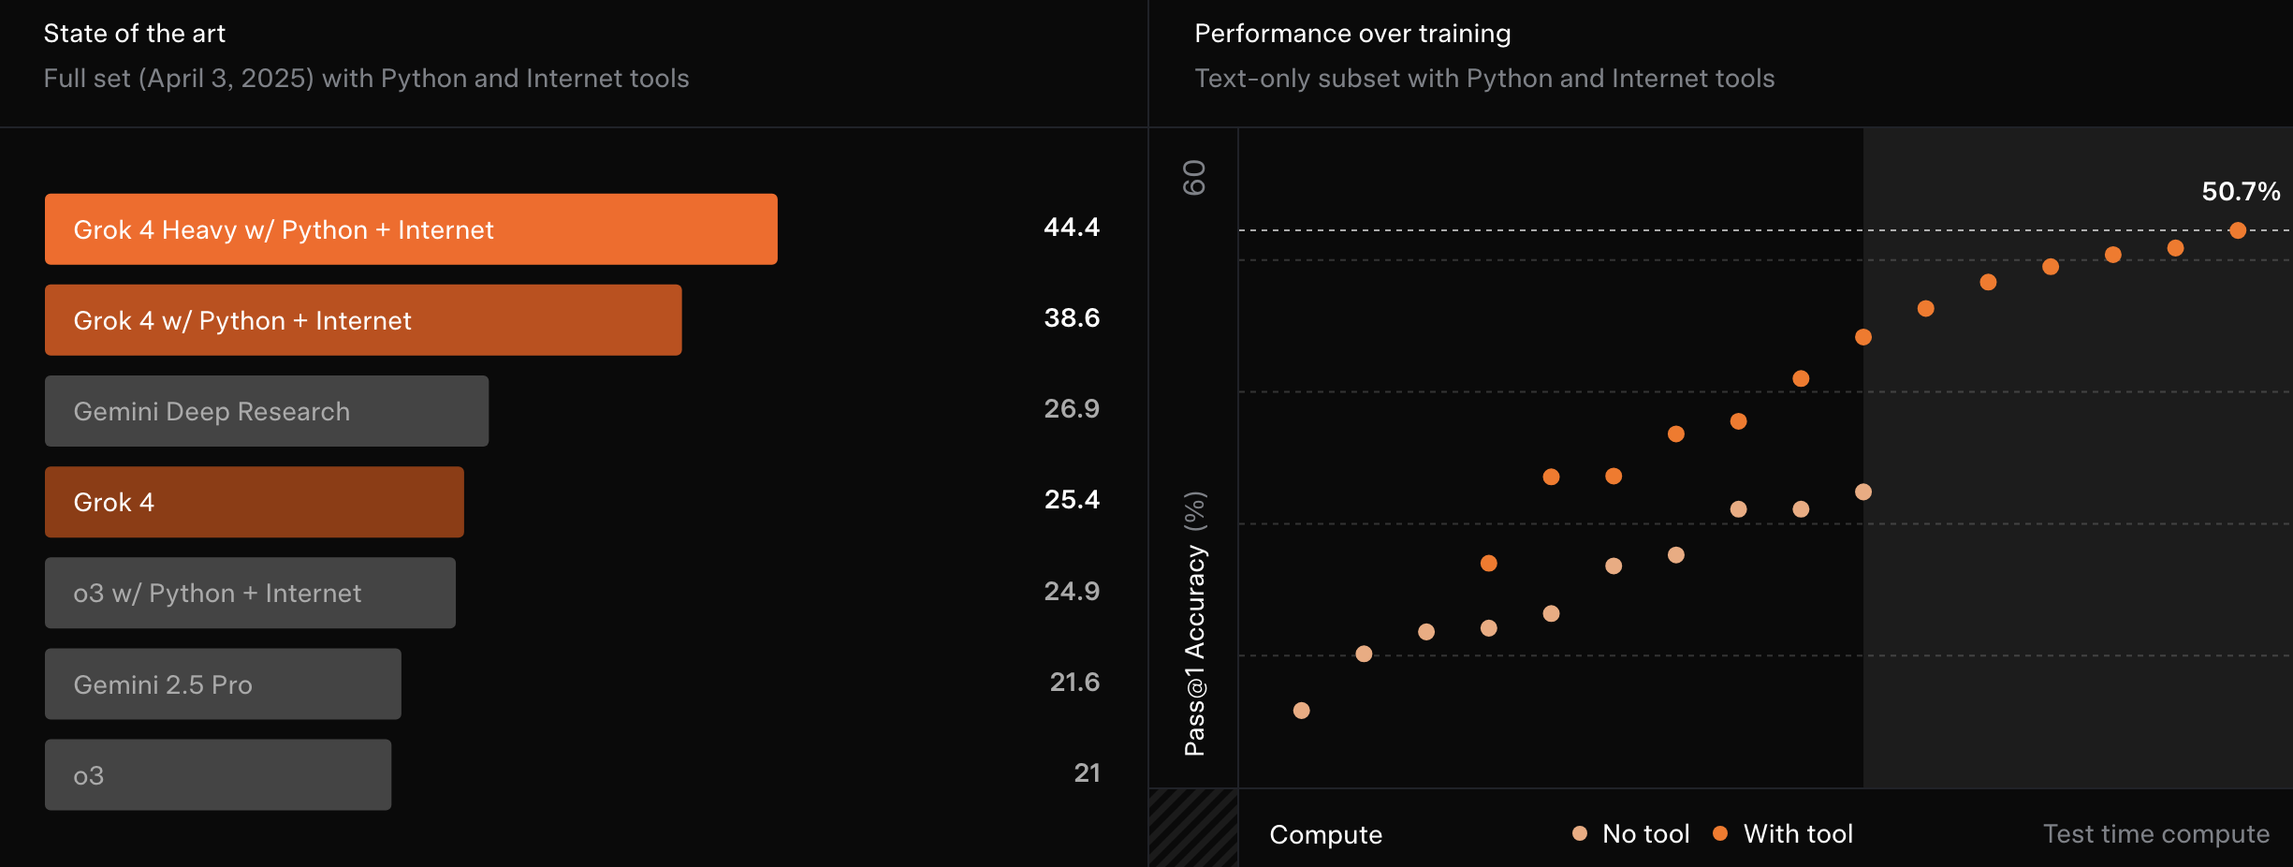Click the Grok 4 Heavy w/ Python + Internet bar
pos(411,229)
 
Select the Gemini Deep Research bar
pos(267,411)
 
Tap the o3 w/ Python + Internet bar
pos(250,593)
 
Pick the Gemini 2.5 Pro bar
pos(223,684)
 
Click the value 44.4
pos(1072,228)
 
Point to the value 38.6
pos(1072,318)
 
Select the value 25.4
pos(1072,500)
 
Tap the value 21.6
pos(1074,683)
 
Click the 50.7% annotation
pos(2241,192)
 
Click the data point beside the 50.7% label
pos(2238,230)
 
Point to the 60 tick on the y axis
pos(1195,177)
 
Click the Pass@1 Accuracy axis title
pos(1195,623)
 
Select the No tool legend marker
pos(1580,833)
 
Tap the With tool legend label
pos(1798,833)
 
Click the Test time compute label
pos(2156,833)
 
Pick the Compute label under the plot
pos(1325,834)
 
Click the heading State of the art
pos(135,34)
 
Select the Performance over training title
pos(1352,34)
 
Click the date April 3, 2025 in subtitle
pos(226,79)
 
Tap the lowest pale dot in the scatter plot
pos(1301,711)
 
